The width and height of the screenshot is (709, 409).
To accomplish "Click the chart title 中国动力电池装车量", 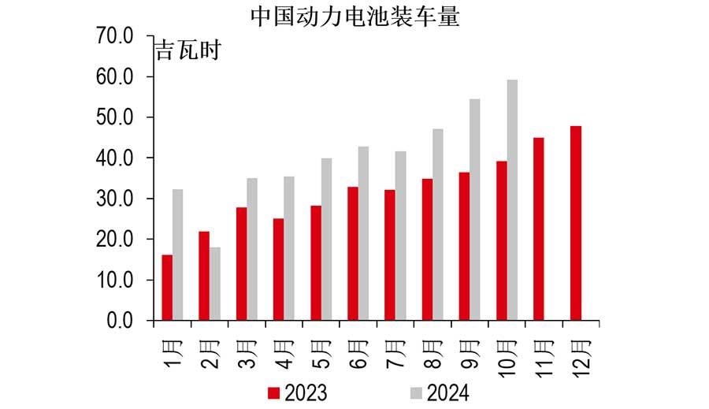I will point(354,17).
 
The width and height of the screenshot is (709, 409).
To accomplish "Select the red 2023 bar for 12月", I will point(576,223).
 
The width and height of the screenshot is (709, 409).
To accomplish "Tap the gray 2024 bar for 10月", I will point(512,200).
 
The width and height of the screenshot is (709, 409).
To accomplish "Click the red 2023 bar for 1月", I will point(167,288).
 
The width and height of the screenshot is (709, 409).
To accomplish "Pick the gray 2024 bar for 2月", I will point(215,284).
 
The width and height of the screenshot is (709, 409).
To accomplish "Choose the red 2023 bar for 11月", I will point(539,229).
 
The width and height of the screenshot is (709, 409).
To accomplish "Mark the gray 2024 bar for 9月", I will point(475,210).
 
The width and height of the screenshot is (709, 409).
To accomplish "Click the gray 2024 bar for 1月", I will point(178,255).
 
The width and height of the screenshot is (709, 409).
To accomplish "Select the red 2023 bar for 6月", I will point(353,254).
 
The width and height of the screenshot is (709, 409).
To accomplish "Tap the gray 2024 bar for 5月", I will point(326,240).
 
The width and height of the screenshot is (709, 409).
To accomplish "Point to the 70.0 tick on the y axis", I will point(115,36).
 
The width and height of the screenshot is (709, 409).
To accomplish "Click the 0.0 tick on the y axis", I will point(120,321).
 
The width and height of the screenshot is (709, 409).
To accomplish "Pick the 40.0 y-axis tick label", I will point(115,158).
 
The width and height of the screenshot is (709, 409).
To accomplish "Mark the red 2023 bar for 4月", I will point(278,270).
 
